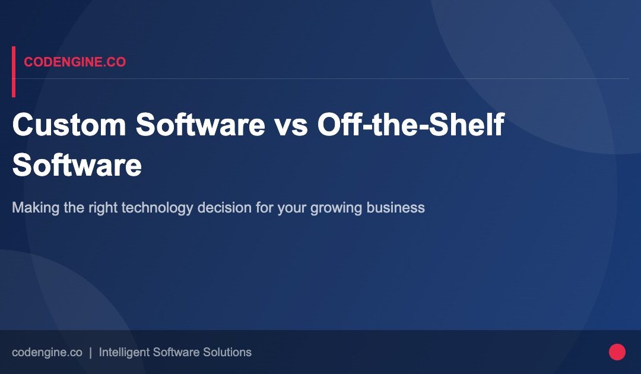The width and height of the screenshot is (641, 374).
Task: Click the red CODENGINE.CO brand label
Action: click(x=75, y=62)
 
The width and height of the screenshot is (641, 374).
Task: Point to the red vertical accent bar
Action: click(x=14, y=71)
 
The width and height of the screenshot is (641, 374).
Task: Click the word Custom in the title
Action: click(x=69, y=125)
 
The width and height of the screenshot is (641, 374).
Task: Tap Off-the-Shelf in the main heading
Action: click(x=411, y=125)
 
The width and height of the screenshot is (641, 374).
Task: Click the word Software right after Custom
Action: click(x=200, y=125)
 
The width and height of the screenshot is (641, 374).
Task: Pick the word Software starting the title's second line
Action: click(x=77, y=165)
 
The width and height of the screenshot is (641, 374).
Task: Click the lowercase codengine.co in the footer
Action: click(x=47, y=352)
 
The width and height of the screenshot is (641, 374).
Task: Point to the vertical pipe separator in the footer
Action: click(x=90, y=352)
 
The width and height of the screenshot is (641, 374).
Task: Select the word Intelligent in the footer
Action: click(x=124, y=352)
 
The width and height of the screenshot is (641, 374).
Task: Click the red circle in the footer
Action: click(x=617, y=352)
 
